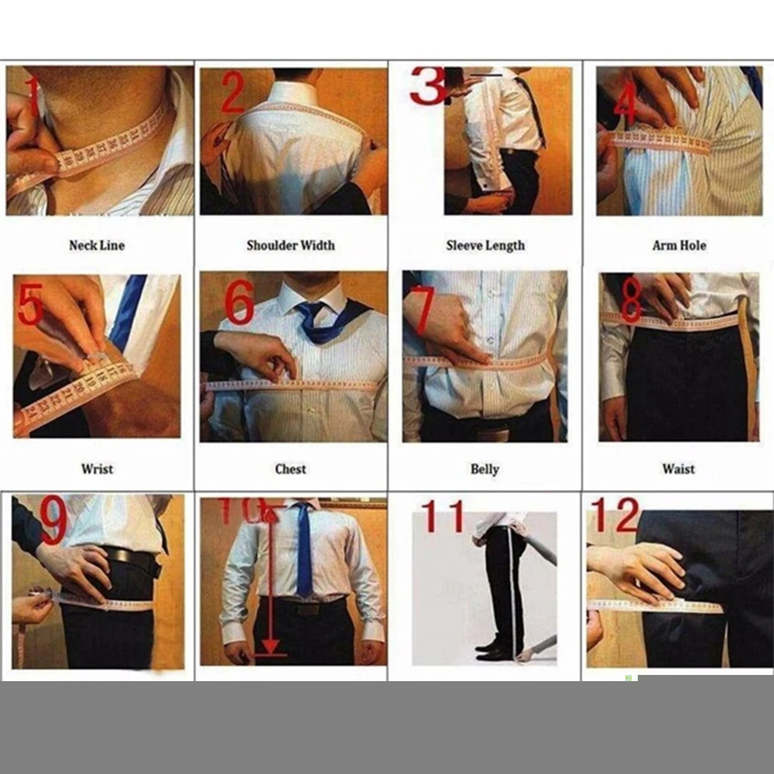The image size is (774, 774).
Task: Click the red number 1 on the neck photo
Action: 32,95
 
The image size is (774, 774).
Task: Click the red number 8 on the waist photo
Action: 632,302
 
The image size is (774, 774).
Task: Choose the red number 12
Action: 615,515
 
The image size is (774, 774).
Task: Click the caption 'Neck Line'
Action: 97,245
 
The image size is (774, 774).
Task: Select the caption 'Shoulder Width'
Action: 291,245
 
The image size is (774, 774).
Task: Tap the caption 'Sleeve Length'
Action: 485,246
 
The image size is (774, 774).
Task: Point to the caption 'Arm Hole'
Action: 680,245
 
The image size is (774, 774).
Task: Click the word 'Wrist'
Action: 97,468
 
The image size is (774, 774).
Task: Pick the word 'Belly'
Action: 485,469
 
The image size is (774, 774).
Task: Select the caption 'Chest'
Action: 291,468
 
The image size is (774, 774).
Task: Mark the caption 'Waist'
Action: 679,468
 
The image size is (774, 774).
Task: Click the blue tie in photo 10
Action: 304,550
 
